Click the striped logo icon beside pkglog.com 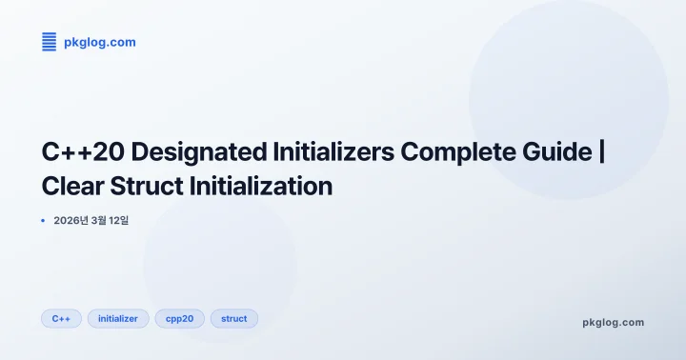(49, 42)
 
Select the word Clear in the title (74, 186)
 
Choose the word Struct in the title (151, 186)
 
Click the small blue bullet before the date (43, 221)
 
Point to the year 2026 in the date (70, 221)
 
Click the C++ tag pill (61, 319)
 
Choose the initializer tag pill (118, 319)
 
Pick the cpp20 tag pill (179, 319)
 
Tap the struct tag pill (233, 319)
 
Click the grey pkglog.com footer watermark (613, 322)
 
